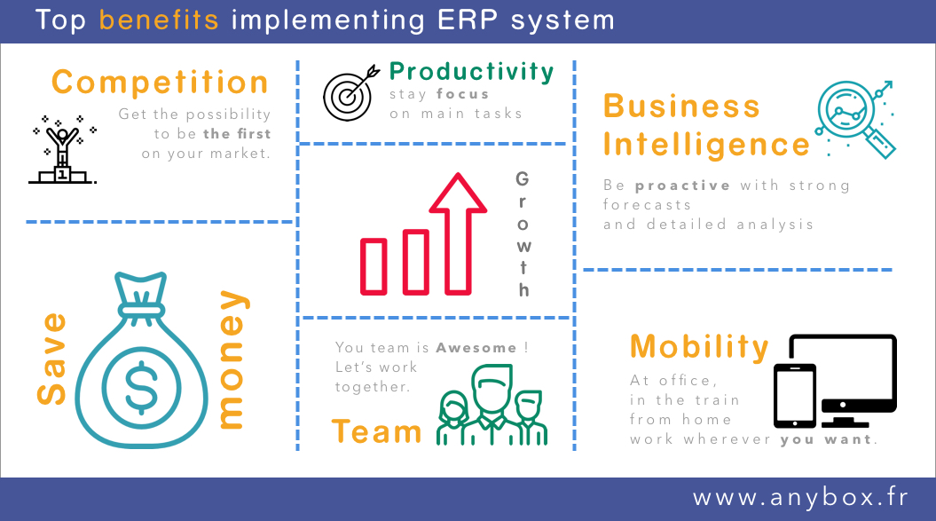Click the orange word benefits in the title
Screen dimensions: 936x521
coord(159,20)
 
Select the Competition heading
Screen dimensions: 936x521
coord(160,82)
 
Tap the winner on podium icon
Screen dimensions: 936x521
coord(61,149)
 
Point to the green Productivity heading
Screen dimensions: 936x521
coord(472,72)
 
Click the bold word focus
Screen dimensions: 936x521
coord(462,94)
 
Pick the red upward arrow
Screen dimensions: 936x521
coord(458,233)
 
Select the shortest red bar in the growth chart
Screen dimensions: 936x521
coord(374,266)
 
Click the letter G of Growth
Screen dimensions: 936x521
coord(523,178)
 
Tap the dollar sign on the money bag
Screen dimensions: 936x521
coord(141,388)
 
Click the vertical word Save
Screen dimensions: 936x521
coord(51,359)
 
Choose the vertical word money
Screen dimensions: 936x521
coord(232,359)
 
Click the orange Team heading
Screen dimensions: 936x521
coord(377,431)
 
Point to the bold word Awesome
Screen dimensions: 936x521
coord(476,348)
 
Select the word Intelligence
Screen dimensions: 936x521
coord(706,146)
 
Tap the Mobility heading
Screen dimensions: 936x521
coord(700,346)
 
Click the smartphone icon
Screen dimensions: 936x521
coord(795,396)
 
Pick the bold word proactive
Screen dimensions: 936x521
coord(682,186)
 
